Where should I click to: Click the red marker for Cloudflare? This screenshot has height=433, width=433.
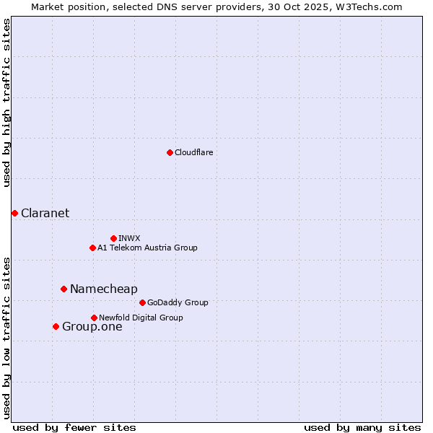coord(170,152)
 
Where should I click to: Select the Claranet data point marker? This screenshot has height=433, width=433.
coord(14,213)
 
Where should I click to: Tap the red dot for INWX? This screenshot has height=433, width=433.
coord(113,238)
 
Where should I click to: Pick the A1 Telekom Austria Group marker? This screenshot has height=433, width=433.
coord(92,248)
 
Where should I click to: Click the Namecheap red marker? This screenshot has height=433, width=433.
coord(64,289)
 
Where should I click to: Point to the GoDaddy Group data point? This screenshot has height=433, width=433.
coord(142,302)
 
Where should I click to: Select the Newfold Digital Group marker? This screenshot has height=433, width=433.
coord(94,318)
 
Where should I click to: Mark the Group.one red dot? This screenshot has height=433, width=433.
coord(56,326)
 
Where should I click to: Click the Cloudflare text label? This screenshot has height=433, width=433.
coord(193,152)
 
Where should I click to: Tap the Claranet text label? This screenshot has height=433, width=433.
coord(45,213)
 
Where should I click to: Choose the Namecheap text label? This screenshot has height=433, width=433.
coord(103,289)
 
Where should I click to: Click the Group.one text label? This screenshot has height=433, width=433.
coord(92,326)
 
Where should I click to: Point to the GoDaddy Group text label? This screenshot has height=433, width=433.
coord(178,302)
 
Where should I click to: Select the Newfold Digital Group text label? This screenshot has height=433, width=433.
coord(141,318)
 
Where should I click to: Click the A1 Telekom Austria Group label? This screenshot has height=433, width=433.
coord(147,248)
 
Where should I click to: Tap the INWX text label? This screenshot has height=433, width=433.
coord(129,238)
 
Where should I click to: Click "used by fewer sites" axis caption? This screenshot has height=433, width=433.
coord(74,427)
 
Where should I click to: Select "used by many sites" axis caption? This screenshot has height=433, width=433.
coord(362,427)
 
